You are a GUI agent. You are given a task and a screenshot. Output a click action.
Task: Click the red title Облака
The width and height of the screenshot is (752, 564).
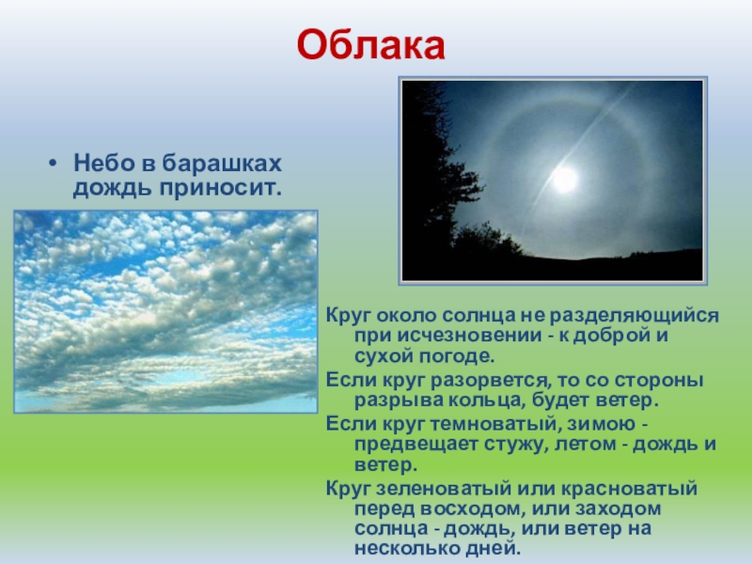pyautogui.click(x=369, y=44)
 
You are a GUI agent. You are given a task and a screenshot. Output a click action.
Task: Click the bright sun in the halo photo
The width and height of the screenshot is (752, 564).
pyautogui.click(x=565, y=180)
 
